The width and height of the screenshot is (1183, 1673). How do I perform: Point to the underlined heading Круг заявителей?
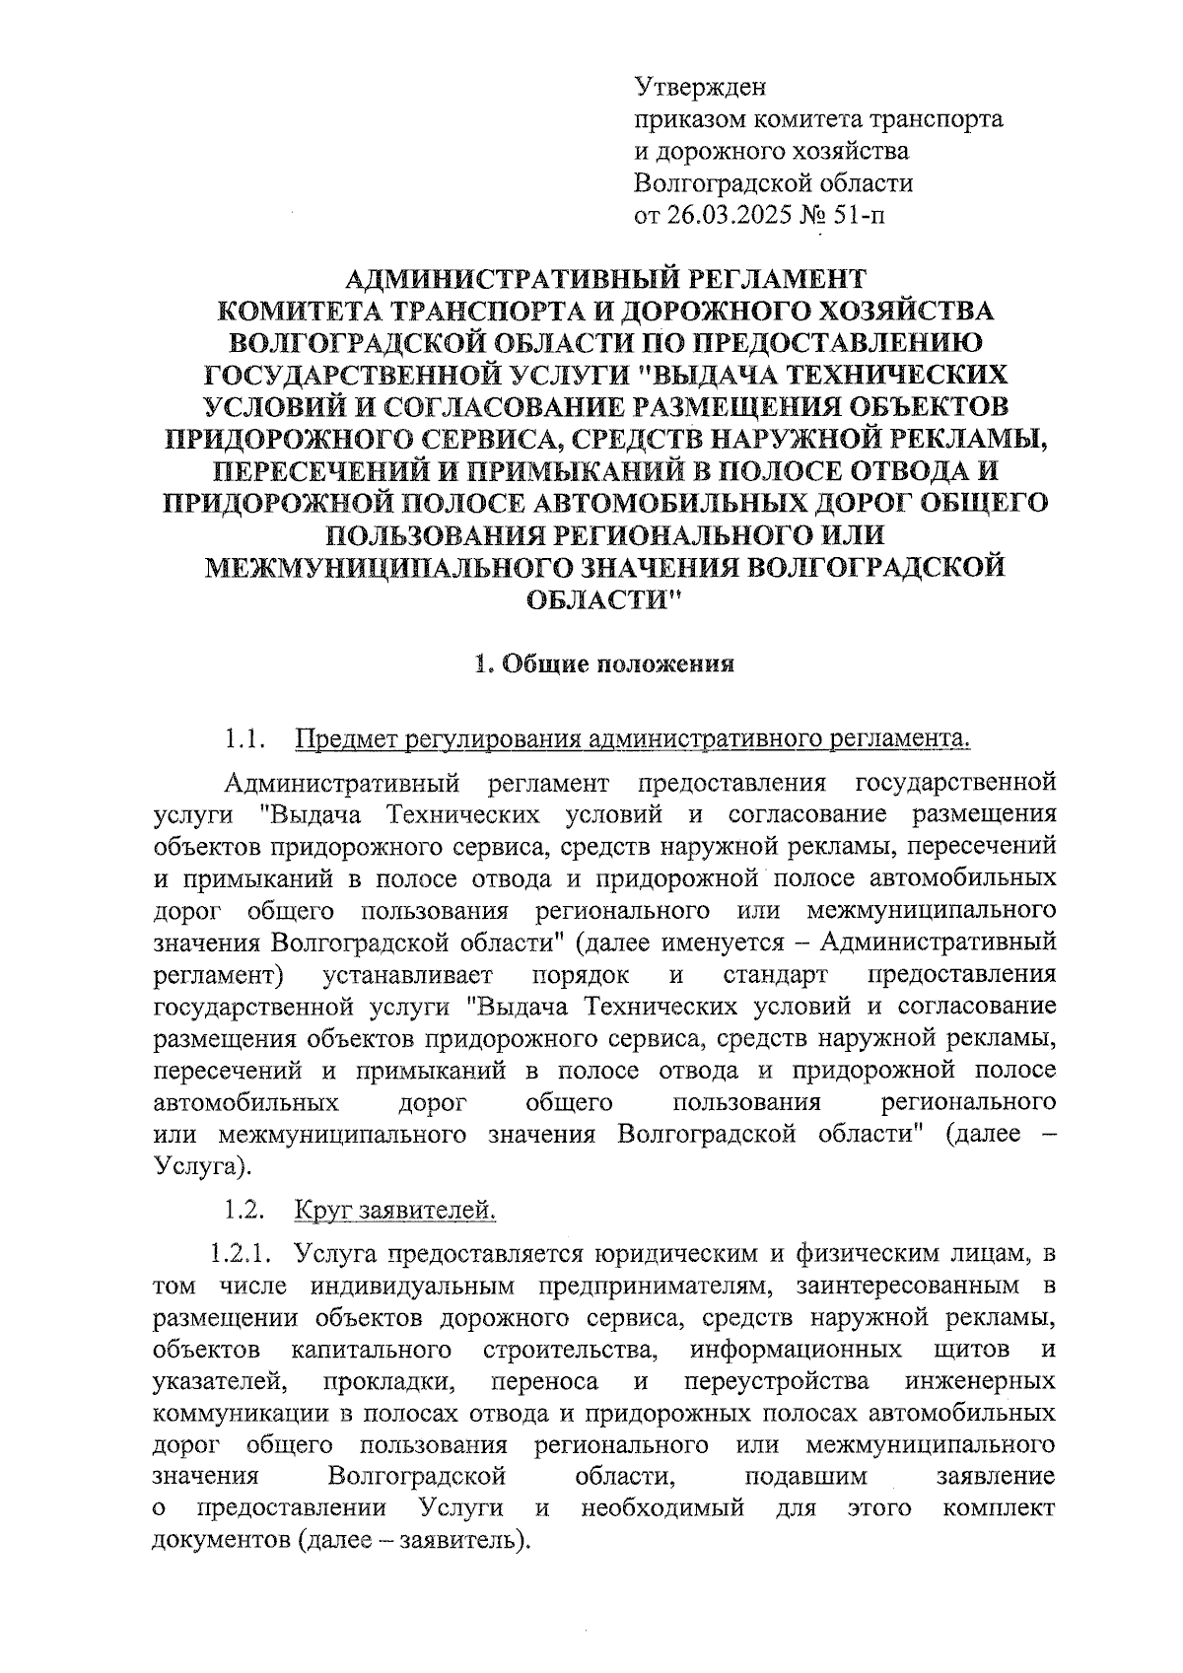click(395, 1209)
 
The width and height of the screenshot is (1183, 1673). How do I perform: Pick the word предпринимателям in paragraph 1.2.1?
click(655, 1287)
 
